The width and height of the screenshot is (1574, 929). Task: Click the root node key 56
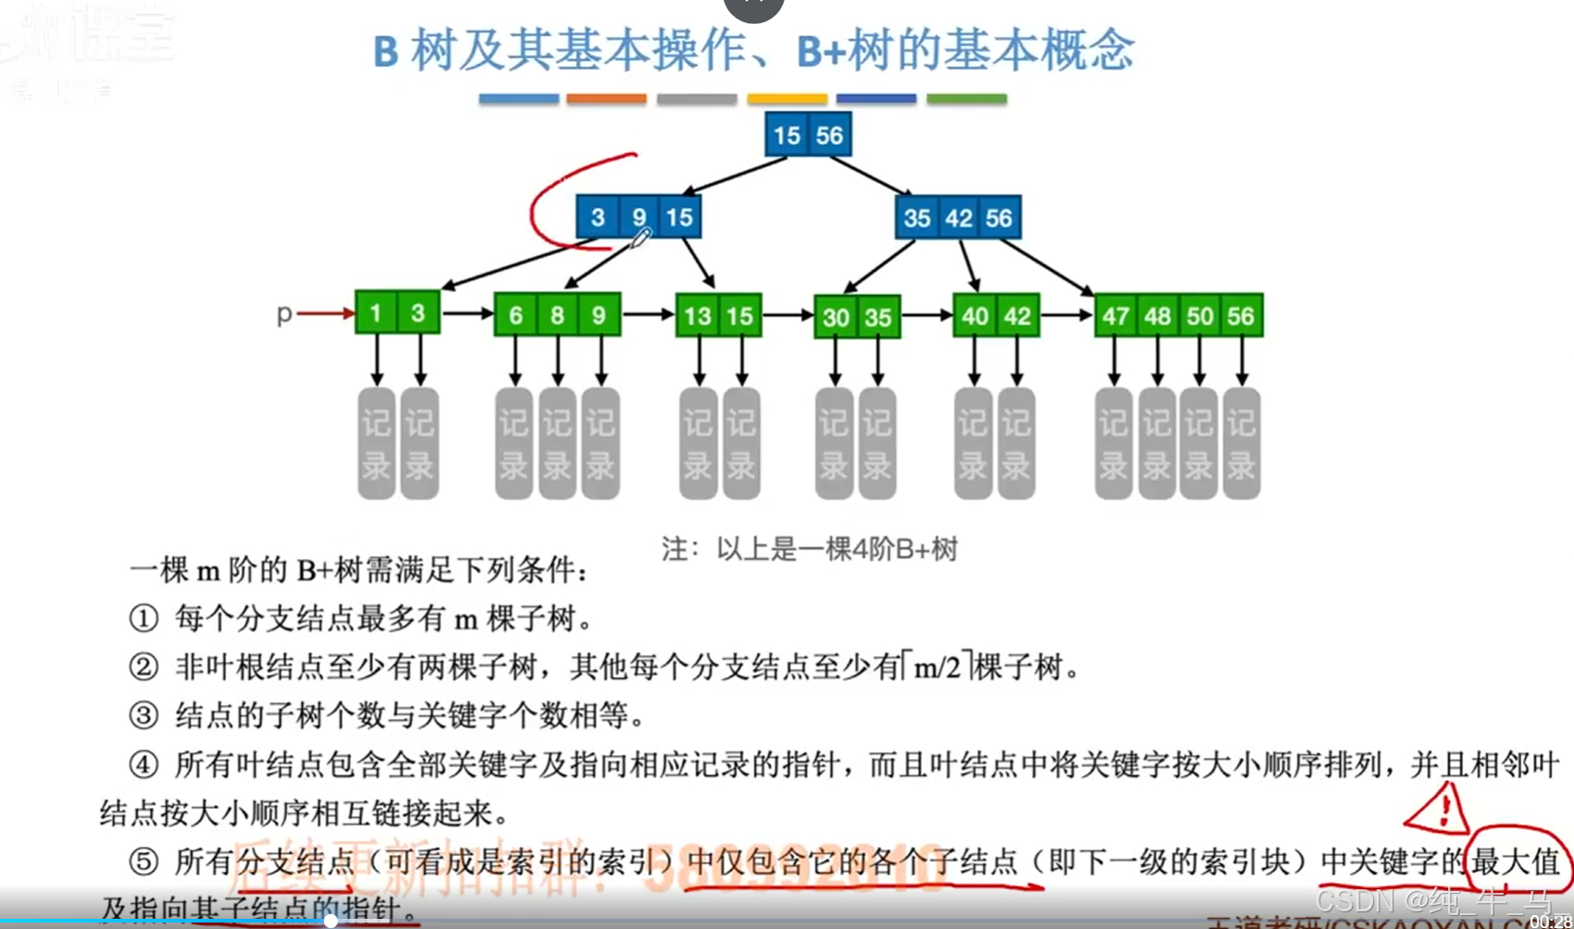pos(829,135)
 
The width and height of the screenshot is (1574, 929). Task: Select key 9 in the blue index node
pos(638,217)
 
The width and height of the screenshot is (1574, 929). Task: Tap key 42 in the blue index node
pos(958,218)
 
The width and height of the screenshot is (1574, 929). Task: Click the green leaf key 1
pos(376,314)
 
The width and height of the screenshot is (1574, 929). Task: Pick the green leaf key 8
pos(557,316)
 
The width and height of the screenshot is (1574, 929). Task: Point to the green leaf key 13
pos(697,316)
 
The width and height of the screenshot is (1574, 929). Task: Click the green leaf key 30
pos(836,317)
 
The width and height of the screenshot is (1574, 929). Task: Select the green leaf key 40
pos(974,316)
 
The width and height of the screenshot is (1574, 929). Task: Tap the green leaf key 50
pos(1199,316)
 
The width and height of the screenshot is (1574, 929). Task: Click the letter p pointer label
pos(284,315)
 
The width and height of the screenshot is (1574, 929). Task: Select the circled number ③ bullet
pos(143,715)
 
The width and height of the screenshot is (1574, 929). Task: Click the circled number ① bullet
pos(143,618)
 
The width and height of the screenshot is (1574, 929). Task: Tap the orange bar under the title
pos(606,98)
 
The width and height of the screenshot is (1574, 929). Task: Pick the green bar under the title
pos(966,98)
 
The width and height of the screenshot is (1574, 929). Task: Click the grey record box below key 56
pos(1241,444)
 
